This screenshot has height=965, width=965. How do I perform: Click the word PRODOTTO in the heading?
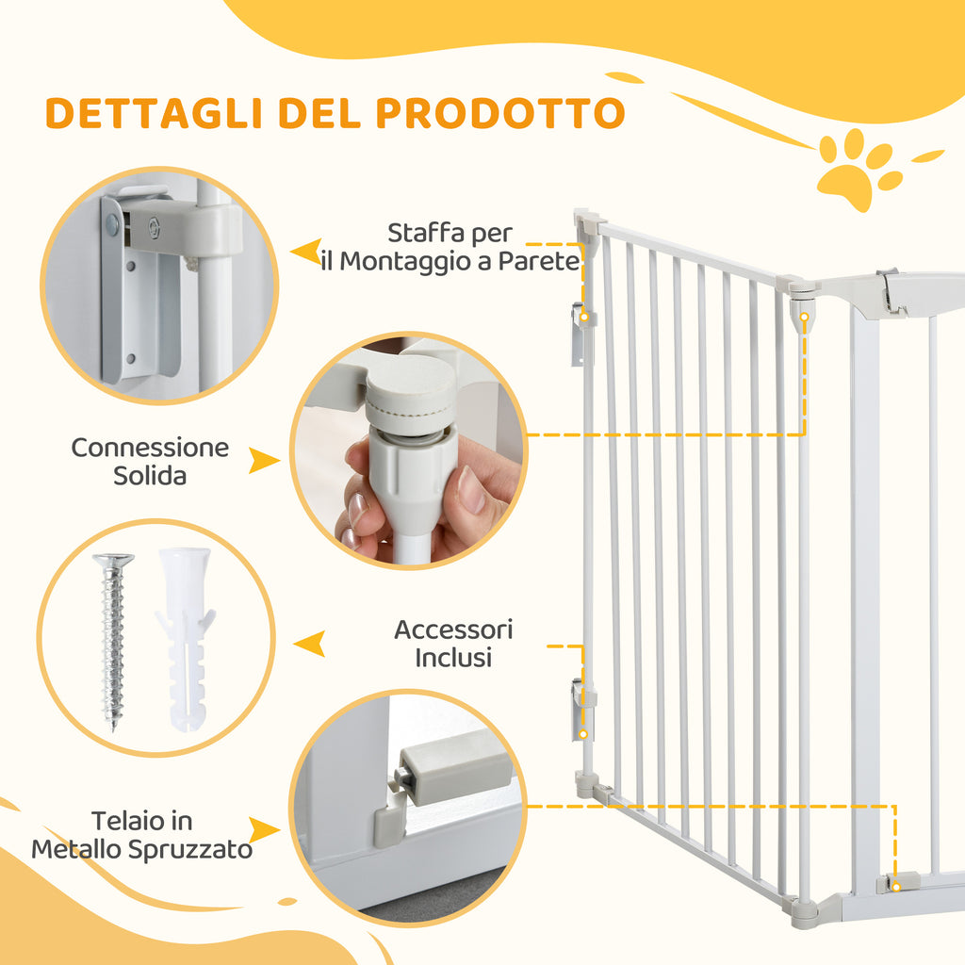pyautogui.click(x=499, y=113)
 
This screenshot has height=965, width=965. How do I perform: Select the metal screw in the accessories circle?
pyautogui.click(x=113, y=641)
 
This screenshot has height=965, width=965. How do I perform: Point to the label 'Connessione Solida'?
pyautogui.click(x=150, y=461)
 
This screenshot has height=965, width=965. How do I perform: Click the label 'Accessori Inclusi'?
pyautogui.click(x=453, y=643)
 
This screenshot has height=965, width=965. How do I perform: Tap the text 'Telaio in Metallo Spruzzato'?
pyautogui.click(x=142, y=835)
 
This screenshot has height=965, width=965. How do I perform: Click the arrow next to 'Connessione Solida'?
pyautogui.click(x=263, y=461)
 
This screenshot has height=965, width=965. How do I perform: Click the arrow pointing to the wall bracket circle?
pyautogui.click(x=305, y=253)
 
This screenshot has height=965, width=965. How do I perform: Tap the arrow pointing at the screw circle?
pyautogui.click(x=309, y=644)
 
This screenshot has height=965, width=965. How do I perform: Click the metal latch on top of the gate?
pyautogui.click(x=890, y=290)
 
